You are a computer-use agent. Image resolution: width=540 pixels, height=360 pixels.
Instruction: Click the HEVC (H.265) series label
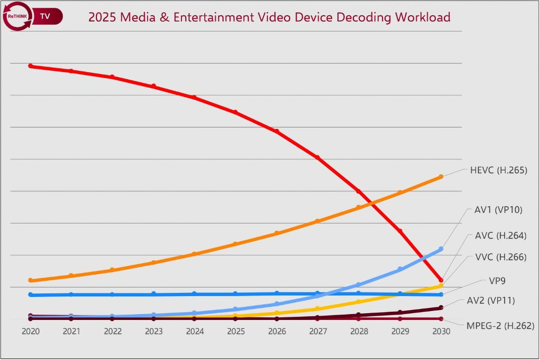point(498,171)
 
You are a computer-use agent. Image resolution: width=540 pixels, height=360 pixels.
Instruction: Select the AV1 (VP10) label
point(498,210)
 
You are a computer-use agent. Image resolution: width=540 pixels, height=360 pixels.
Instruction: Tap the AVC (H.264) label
point(500,235)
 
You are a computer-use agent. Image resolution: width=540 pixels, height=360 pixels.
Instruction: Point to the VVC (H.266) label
point(500,257)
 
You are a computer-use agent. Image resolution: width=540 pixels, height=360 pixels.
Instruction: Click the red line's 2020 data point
point(31,66)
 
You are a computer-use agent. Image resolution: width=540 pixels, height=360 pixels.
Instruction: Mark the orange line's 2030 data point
point(441,176)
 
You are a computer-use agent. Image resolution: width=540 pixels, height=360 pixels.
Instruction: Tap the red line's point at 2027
point(317,157)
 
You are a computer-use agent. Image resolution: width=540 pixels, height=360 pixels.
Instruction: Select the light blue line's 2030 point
point(441,249)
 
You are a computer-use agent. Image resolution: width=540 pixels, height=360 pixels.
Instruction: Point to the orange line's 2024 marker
point(194,254)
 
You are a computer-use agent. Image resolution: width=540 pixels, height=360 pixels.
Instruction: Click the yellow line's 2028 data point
point(359,301)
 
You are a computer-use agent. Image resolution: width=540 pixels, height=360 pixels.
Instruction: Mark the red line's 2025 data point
point(235,112)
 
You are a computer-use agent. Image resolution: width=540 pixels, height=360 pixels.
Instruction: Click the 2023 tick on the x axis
point(153,332)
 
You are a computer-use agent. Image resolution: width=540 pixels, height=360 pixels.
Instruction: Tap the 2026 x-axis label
point(277,332)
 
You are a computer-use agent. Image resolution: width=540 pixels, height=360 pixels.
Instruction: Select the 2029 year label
point(400,332)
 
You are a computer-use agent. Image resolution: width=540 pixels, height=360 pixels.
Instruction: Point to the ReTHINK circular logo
point(18,16)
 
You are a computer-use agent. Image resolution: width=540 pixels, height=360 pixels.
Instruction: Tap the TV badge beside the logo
point(45,16)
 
